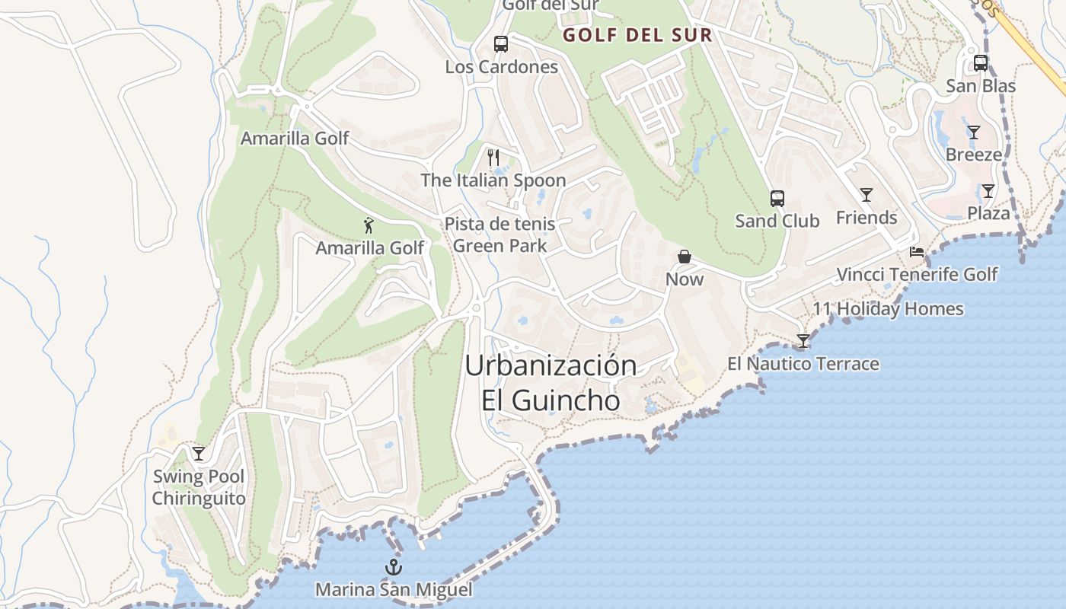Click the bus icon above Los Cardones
point(500,44)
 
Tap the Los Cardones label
point(501,67)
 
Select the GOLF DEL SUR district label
point(637,35)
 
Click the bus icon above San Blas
point(981,63)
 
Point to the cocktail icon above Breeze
point(974,132)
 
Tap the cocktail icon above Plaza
point(988,191)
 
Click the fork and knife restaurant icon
point(493,158)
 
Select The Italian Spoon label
point(493,180)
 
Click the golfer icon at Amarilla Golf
point(369,225)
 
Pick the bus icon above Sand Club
point(777,199)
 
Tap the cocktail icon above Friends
point(867,195)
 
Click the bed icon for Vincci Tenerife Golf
point(917,252)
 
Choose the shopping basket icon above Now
point(685,257)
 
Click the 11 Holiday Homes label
point(888,309)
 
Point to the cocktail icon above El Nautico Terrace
point(803,341)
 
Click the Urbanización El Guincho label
point(551,382)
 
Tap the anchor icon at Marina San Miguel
point(394,567)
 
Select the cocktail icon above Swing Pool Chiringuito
point(199,454)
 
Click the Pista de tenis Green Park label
point(499,235)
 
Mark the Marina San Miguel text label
point(394,590)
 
